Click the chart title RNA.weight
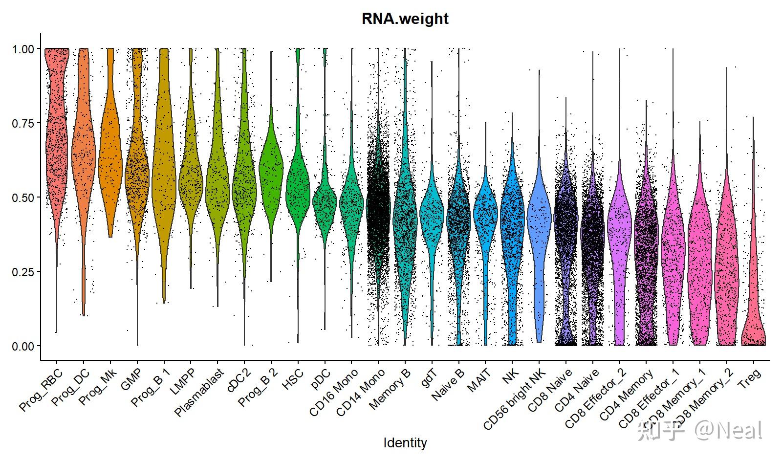coord(405,19)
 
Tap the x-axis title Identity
coord(405,443)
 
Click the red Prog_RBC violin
coord(57,147)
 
